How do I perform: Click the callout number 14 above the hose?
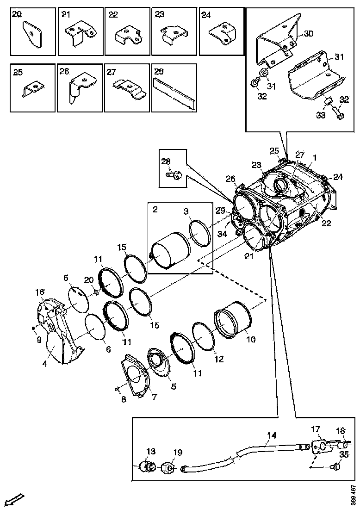[272, 435]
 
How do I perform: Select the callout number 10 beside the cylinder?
[251, 339]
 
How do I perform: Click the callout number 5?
[174, 385]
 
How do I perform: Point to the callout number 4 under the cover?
[45, 364]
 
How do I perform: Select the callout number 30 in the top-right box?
[308, 33]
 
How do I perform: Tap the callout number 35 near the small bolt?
[343, 455]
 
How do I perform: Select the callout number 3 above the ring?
[185, 211]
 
